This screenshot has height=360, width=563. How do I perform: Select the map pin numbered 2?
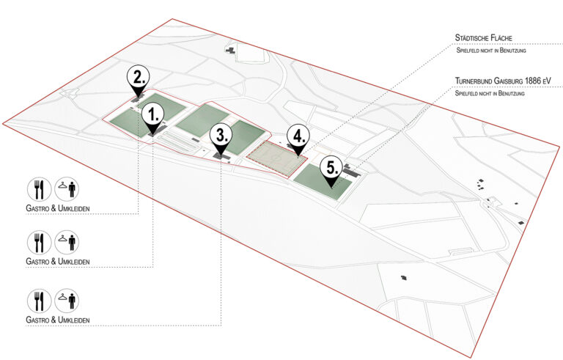[139, 79]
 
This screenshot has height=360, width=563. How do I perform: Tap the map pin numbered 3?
[221, 139]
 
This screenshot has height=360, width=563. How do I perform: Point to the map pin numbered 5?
[331, 171]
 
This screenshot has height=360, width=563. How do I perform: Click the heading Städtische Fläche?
[483, 37]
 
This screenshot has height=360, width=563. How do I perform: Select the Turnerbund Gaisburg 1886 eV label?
[503, 81]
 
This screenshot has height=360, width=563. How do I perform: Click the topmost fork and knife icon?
[39, 189]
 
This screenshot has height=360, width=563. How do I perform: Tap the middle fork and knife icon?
[39, 243]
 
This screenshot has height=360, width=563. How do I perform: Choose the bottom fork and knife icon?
[39, 301]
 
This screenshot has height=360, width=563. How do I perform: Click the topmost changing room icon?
[67, 189]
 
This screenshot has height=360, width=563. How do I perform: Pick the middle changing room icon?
[67, 243]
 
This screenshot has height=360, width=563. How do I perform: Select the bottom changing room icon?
[67, 301]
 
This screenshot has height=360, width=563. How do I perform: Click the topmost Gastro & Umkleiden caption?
[58, 208]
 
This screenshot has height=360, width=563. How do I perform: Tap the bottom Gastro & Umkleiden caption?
[58, 320]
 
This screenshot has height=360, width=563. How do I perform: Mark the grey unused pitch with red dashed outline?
[276, 159]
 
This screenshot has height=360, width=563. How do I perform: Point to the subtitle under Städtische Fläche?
[491, 51]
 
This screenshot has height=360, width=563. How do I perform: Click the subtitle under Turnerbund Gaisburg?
[490, 93]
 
